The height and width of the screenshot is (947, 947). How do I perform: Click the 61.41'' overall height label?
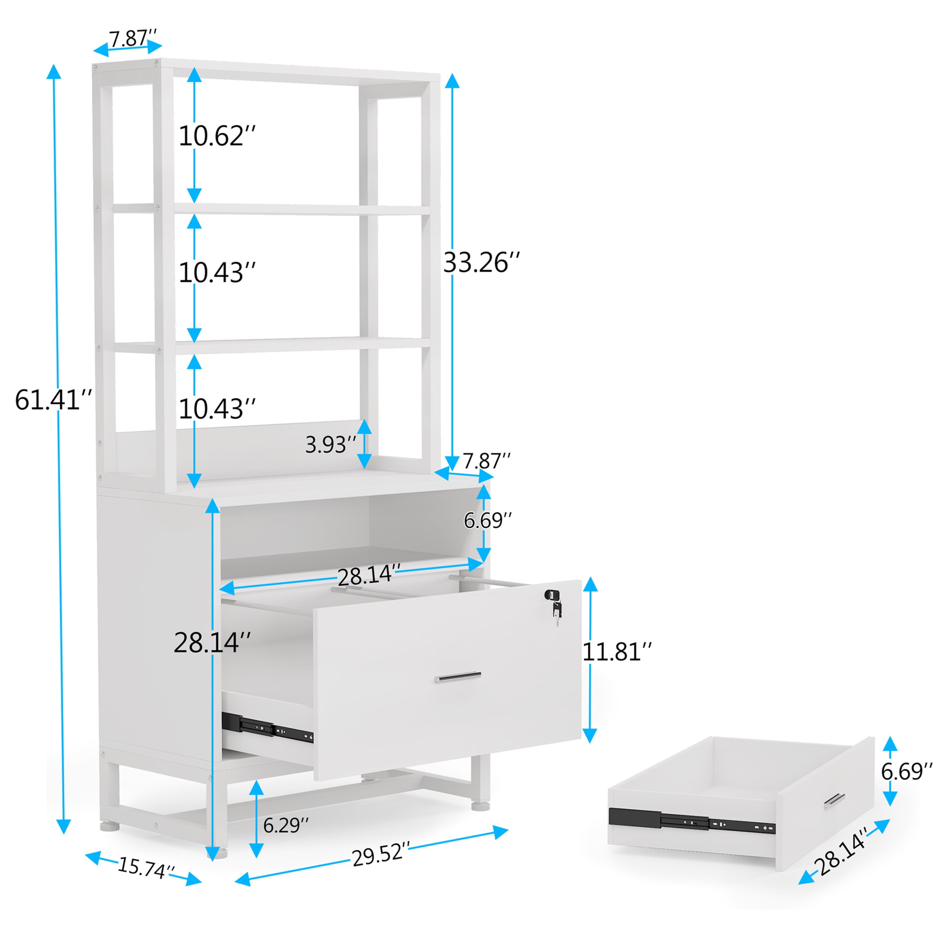pos(53,400)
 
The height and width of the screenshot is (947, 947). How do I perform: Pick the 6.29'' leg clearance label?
pos(286,826)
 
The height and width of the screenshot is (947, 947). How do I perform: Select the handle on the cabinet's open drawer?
pos(457,678)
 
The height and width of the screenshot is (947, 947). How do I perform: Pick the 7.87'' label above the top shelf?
pos(132,38)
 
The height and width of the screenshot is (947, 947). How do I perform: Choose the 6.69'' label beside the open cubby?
pos(488,521)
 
